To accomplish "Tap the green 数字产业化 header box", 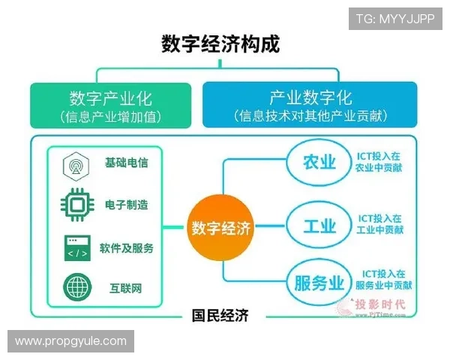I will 111,105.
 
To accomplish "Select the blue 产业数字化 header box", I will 310,105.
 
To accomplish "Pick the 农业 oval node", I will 319,163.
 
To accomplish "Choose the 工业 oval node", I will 319,225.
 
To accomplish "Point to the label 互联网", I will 120,287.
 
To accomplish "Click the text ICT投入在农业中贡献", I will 379,163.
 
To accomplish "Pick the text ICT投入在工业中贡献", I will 379,225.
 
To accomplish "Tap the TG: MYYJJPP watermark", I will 395,17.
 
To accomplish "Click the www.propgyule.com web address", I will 71,341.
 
